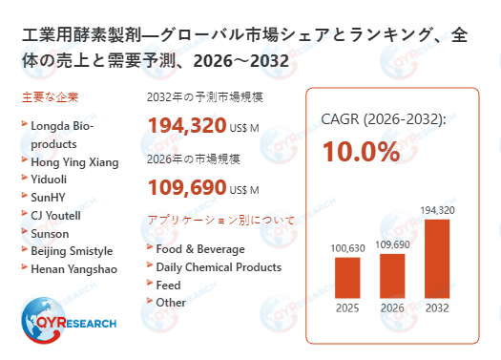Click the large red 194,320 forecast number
187,125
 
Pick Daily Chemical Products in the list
219,266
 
